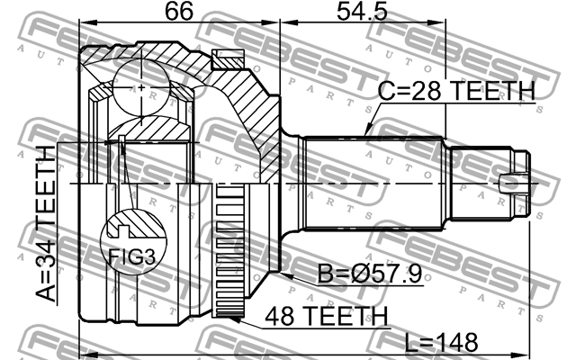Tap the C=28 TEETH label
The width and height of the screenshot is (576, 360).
point(455,92)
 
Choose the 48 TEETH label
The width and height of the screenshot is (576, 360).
point(327,316)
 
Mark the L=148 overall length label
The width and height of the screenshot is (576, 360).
point(428,344)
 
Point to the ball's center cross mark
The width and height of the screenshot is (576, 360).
point(144,87)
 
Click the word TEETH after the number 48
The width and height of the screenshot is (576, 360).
point(346,316)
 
